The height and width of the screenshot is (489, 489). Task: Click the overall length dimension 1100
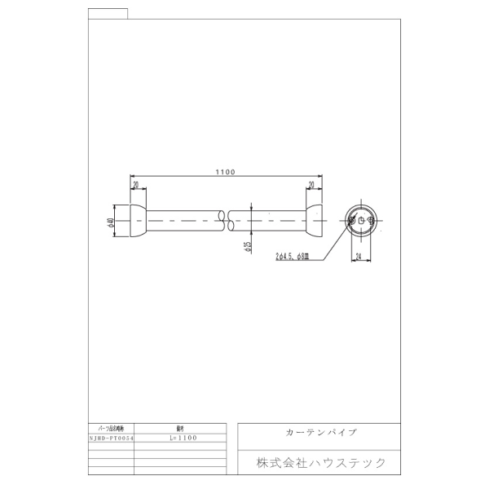pyautogui.click(x=225, y=172)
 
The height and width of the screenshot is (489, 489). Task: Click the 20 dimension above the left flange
pyautogui.click(x=135, y=184)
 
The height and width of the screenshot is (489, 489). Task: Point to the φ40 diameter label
pyautogui.click(x=110, y=221)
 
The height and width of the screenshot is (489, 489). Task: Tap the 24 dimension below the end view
pyautogui.click(x=359, y=256)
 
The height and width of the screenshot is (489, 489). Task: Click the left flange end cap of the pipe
pyautogui.click(x=137, y=221)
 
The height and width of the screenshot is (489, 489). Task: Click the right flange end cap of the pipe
pyautogui.click(x=314, y=221)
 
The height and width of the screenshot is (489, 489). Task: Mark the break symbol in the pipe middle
pyautogui.click(x=226, y=221)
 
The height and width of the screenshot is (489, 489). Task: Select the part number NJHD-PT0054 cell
pyautogui.click(x=109, y=438)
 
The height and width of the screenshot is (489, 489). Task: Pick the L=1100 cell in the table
pyautogui.click(x=179, y=438)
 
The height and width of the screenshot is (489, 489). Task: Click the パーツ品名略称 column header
pyautogui.click(x=109, y=427)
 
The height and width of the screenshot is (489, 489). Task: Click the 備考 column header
pyautogui.click(x=179, y=427)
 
